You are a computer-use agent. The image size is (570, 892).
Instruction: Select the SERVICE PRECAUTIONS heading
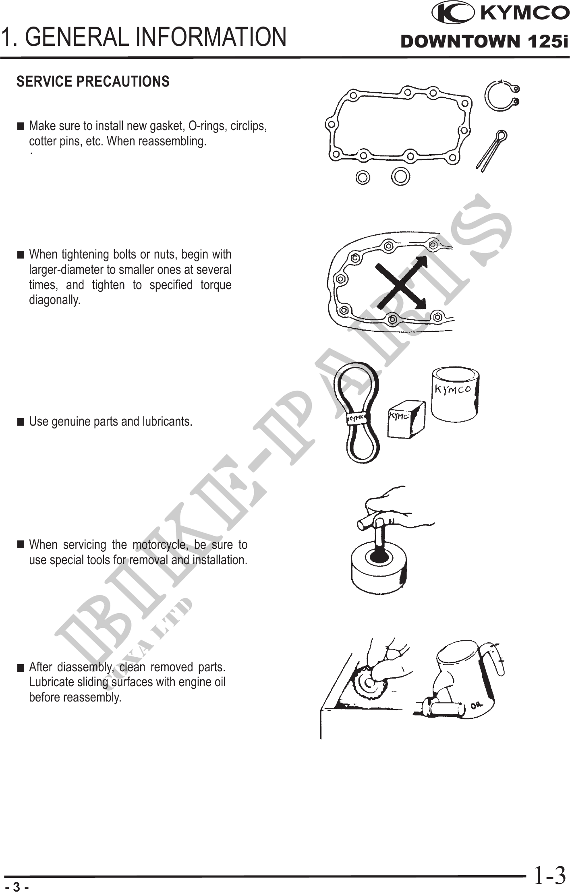pos(93,81)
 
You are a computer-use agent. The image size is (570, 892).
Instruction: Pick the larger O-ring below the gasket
pos(400,176)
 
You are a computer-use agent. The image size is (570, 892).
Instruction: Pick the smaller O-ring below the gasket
pos(363,177)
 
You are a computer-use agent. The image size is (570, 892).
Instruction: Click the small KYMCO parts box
pos(406,419)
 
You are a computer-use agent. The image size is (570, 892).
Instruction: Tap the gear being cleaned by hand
pos(369,685)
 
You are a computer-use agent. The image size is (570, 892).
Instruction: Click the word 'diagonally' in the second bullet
pos(55,300)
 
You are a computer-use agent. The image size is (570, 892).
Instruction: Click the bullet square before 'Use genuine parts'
pos(21,422)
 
